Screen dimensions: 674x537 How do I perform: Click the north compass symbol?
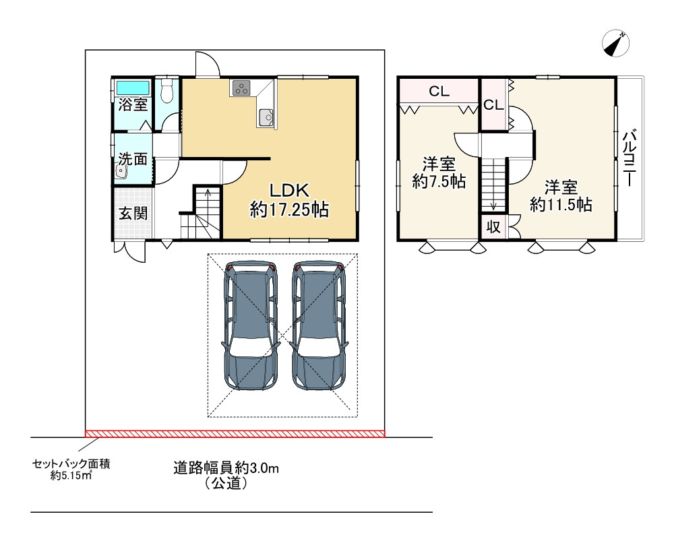tap(616, 44)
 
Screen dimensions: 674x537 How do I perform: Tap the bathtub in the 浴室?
tap(133, 88)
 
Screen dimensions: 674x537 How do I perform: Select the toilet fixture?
tap(166, 90)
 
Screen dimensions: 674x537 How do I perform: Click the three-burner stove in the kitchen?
tap(241, 88)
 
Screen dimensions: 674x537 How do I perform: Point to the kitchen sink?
tap(266, 117)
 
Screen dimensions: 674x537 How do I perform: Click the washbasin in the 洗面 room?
tap(121, 172)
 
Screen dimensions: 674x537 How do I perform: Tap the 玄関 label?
tap(133, 213)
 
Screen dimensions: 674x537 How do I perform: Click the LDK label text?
tap(289, 190)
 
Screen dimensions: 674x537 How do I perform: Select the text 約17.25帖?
tap(290, 210)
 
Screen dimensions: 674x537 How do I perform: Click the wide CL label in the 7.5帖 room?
tap(439, 91)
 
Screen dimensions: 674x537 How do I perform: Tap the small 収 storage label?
tap(493, 227)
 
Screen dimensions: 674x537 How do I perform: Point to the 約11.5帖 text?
tap(561, 205)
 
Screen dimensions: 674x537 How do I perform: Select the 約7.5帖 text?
tap(439, 182)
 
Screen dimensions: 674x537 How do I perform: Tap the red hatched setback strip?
tap(235, 433)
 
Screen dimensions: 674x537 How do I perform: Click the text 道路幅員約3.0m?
tap(226, 468)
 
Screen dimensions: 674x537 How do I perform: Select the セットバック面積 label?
tap(71, 464)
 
